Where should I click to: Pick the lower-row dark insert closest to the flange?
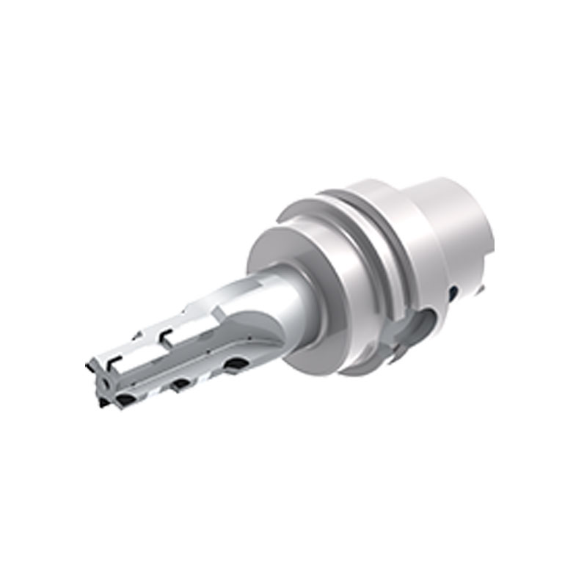236,363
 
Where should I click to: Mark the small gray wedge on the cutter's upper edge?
138,335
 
